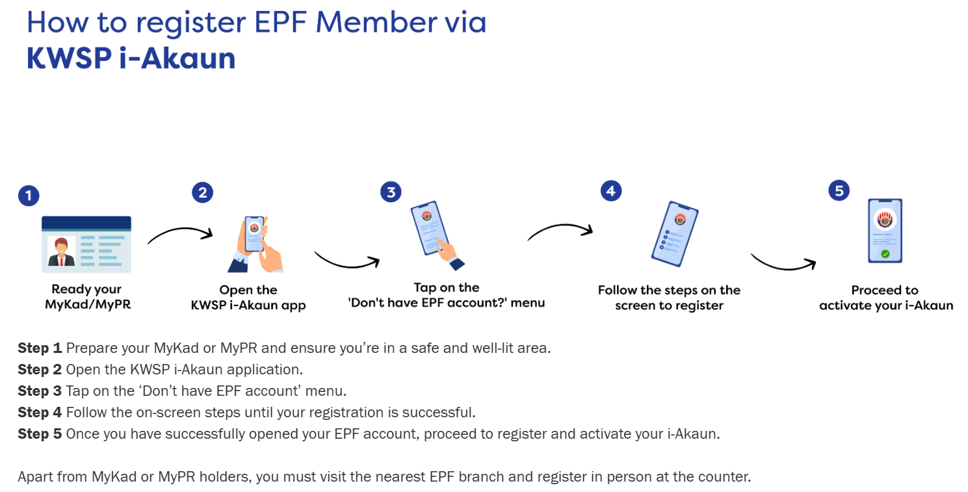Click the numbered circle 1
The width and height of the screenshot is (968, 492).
(29, 196)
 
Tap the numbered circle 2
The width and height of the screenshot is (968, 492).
(202, 192)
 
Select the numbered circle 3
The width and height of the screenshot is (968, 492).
(391, 192)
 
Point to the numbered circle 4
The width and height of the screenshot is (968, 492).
(610, 191)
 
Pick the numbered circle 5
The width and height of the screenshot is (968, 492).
(839, 191)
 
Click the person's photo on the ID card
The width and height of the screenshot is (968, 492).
(62, 252)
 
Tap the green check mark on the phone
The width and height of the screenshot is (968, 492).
(885, 254)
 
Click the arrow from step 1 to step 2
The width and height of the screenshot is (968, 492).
(180, 235)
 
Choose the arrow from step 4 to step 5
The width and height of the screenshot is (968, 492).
(783, 262)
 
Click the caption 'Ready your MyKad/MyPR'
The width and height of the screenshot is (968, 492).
(86, 297)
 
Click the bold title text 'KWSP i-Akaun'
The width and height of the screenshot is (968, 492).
(131, 58)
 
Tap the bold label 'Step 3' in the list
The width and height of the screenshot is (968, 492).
(40, 391)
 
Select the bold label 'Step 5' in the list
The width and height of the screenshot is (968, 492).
(40, 434)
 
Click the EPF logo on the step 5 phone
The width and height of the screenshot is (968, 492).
(885, 220)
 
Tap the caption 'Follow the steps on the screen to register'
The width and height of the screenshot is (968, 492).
(669, 298)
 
